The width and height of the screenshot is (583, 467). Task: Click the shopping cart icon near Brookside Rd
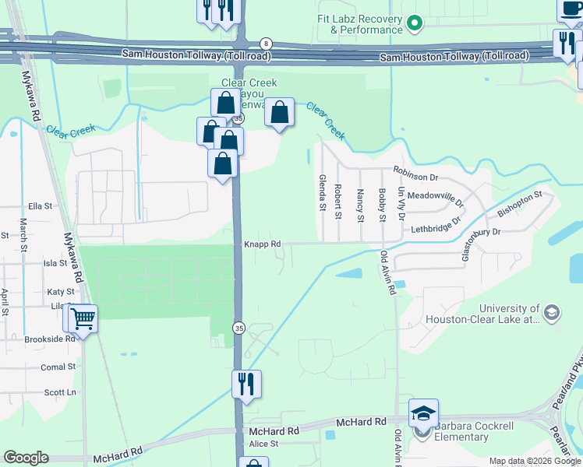[82, 318]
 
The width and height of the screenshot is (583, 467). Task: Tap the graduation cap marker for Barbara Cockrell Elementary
[423, 413]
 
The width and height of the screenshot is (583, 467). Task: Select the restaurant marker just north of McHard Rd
[246, 384]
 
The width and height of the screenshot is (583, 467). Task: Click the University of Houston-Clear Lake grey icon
[552, 314]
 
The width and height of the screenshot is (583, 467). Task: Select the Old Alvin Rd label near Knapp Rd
[387, 272]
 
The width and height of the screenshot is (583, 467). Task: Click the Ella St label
[39, 207]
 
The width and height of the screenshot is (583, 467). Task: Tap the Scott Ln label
[59, 393]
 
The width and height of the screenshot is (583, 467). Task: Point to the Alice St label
[263, 444]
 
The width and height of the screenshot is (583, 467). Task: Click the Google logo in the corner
[26, 458]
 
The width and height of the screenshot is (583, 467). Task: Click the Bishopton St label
[518, 204]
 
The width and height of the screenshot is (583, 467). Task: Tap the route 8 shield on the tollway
[267, 44]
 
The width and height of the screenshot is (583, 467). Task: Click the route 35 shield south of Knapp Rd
[239, 328]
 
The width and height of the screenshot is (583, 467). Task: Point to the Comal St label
[58, 367]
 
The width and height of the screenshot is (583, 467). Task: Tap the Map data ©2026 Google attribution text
[534, 461]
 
